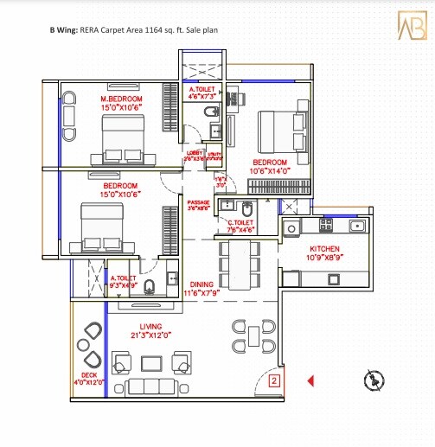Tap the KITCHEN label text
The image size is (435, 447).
click(326, 248)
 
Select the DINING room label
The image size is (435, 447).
click(202, 284)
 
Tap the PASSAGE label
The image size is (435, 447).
click(199, 201)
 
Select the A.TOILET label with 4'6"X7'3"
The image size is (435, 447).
click(204, 89)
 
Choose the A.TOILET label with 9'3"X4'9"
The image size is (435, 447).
click(122, 278)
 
